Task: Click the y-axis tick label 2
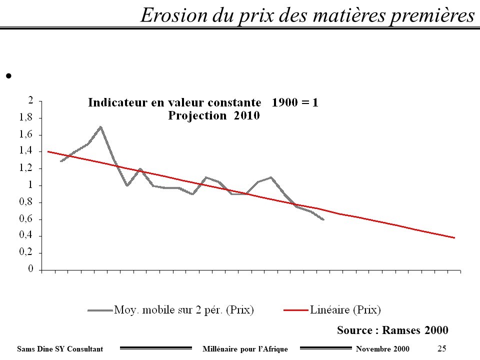tap(30, 100)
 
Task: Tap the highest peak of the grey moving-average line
tap(101, 127)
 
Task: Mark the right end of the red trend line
tap(454, 237)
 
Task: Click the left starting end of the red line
tap(48, 151)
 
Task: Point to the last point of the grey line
tap(323, 219)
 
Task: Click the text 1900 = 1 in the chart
tap(295, 103)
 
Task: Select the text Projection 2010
tap(213, 115)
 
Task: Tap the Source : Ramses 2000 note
tap(392, 330)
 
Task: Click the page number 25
tap(441, 348)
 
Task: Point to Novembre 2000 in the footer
tap(382, 348)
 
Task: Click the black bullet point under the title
tap(8, 76)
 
